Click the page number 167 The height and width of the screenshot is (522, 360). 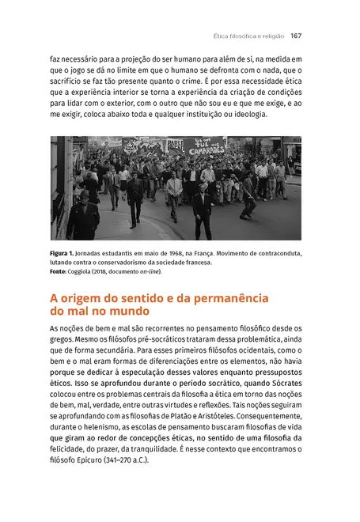297,36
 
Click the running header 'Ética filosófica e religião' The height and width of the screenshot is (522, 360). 249,36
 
